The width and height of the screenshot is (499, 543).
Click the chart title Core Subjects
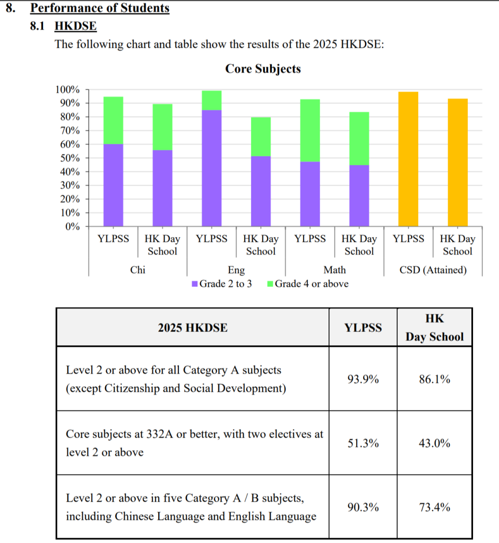point(263,69)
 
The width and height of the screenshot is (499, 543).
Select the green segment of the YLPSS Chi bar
point(113,120)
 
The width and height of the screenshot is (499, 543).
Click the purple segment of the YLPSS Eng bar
point(211,168)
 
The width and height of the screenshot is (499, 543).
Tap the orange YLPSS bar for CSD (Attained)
point(408,159)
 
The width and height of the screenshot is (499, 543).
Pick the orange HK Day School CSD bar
point(458,162)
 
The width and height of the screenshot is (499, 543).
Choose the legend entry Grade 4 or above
point(308,284)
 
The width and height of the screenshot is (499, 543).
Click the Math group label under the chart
point(334,270)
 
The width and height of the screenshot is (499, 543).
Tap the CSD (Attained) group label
point(433,270)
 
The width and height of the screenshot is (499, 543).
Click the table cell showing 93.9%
point(363,379)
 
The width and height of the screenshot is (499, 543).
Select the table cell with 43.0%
point(434,443)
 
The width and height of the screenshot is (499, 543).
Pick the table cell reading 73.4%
point(434,507)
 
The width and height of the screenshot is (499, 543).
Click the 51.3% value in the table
point(363,443)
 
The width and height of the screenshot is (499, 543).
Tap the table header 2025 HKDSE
point(193,328)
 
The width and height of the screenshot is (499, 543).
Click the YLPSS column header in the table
point(363,328)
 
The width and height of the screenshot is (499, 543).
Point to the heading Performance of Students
point(100,8)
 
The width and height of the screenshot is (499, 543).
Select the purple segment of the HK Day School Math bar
point(359,196)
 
